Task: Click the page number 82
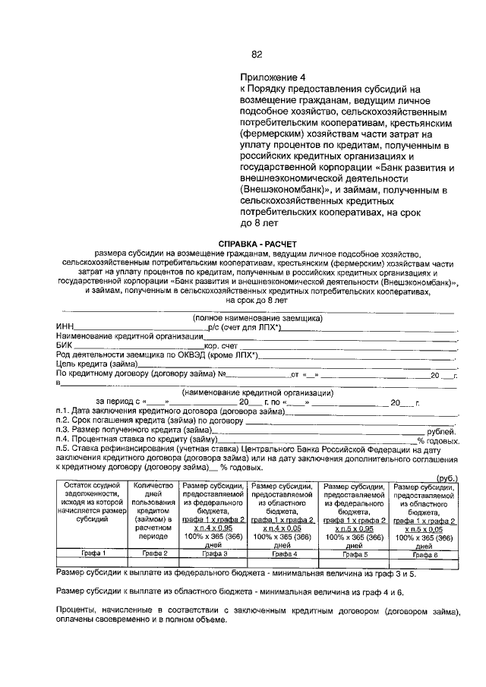tap(257, 54)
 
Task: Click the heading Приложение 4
tap(272, 77)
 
